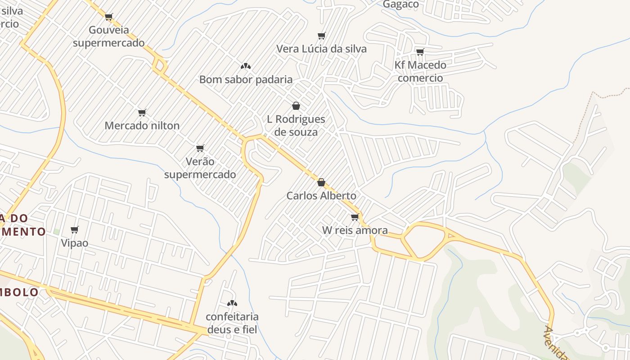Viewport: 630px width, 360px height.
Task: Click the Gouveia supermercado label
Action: click(x=108, y=36)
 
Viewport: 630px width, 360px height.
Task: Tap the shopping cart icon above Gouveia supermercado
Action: click(x=108, y=17)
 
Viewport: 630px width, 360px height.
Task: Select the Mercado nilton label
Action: click(x=142, y=126)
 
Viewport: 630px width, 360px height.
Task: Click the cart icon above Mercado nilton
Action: click(x=142, y=112)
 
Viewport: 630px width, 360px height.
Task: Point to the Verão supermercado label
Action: click(x=200, y=168)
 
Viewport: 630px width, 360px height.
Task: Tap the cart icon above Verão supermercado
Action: click(x=200, y=148)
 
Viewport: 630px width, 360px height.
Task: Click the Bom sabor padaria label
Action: click(x=246, y=80)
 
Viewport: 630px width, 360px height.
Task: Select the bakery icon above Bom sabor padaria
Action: click(x=245, y=66)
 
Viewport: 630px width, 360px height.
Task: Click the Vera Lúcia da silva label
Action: click(x=321, y=49)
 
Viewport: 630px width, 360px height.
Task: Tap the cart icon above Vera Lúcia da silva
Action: click(x=321, y=36)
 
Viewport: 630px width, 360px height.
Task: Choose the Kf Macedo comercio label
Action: click(x=420, y=72)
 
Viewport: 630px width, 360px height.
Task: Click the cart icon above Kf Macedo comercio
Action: click(x=420, y=52)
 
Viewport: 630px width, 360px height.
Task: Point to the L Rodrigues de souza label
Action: click(x=296, y=126)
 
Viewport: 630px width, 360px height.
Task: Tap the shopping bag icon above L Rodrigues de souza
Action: click(x=296, y=106)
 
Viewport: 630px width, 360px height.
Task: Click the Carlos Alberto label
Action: click(x=321, y=196)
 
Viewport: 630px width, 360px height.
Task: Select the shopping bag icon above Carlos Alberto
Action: click(x=321, y=182)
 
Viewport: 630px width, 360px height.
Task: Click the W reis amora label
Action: click(x=355, y=230)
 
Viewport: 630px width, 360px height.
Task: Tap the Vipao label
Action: click(x=75, y=243)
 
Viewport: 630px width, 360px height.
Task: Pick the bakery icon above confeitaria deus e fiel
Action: click(x=232, y=303)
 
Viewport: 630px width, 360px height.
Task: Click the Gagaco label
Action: click(x=400, y=4)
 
